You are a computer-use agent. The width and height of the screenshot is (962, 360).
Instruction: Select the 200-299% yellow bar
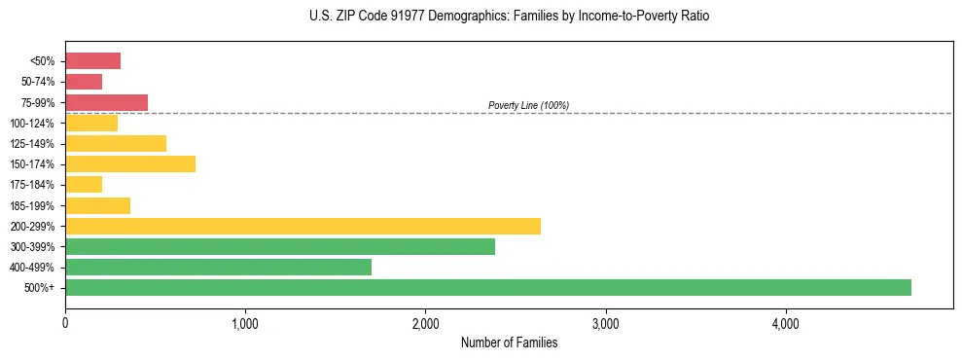[303, 226]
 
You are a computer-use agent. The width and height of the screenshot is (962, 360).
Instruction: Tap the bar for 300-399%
[280, 246]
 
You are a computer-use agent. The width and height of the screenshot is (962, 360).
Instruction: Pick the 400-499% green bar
[218, 267]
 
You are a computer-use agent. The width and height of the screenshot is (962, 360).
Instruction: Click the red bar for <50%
[92, 61]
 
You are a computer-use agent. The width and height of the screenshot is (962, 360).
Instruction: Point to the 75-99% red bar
[106, 102]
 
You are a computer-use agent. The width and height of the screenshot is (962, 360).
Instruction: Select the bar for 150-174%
[130, 163]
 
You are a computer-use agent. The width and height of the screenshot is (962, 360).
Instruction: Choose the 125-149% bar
[116, 143]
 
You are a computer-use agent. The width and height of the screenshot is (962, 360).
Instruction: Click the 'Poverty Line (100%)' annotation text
[528, 105]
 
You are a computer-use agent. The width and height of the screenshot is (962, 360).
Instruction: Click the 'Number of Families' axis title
[509, 342]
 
